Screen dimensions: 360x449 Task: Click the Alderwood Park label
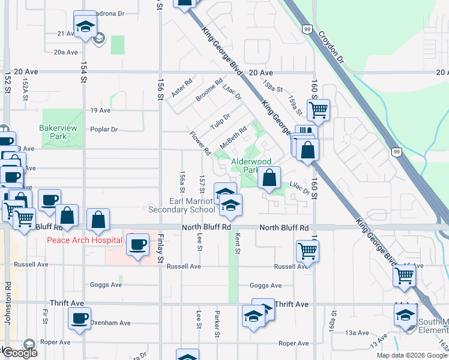(252, 166)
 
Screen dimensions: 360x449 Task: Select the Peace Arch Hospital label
(85, 241)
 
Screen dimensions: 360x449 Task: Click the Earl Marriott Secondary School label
(181, 205)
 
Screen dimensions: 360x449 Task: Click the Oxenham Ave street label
(110, 323)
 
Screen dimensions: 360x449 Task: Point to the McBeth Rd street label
(234, 138)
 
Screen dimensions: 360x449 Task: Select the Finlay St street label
(160, 252)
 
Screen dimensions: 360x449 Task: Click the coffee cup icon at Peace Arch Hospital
(138, 245)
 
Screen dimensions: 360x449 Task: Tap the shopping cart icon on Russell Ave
(307, 250)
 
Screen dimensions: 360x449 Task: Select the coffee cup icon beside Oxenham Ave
(79, 318)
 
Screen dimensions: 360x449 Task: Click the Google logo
(20, 353)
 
